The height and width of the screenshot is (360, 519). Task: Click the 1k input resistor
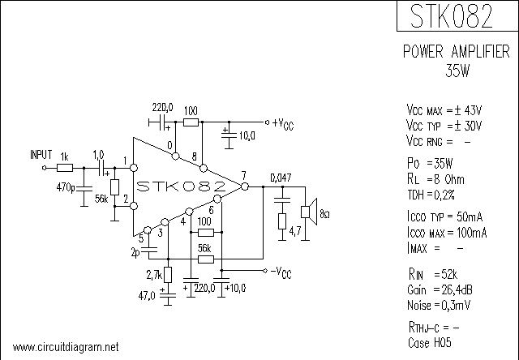click(66, 168)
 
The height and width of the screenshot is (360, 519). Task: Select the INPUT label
click(41, 154)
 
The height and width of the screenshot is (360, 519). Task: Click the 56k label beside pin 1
click(101, 198)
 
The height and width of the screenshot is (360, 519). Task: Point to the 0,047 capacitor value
click(281, 177)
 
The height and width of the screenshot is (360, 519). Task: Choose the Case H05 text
click(429, 342)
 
